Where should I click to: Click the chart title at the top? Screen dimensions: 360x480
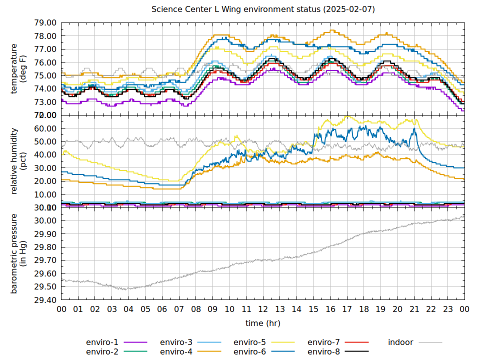click(263, 9)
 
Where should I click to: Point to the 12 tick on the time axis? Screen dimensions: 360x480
click(263, 309)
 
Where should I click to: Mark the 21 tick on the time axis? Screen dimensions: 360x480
click(414, 309)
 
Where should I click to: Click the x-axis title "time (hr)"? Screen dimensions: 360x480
click(263, 323)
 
